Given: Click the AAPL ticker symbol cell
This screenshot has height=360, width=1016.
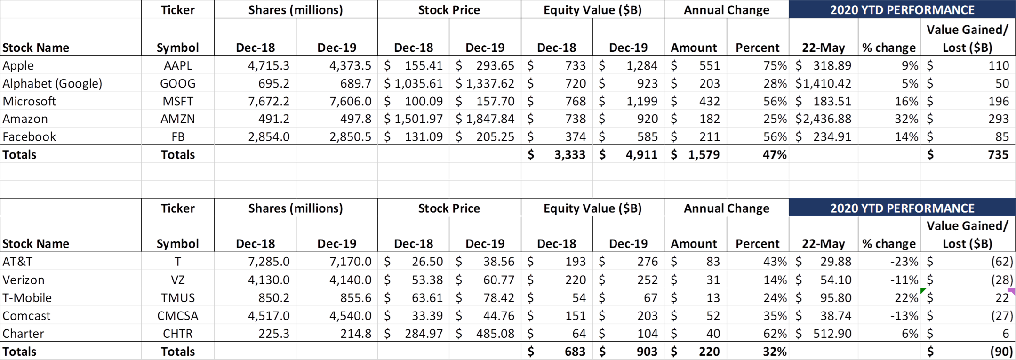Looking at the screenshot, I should pos(177,65).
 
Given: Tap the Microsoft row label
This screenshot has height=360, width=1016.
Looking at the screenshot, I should pos(29,101).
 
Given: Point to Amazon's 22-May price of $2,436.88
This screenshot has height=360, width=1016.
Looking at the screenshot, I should pos(823,119).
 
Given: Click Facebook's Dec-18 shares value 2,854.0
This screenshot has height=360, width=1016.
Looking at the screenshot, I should pos(269,136).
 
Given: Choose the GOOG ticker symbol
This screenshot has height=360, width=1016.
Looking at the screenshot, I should pos(177,83).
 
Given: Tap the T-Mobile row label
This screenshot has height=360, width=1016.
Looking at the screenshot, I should pos(27,297).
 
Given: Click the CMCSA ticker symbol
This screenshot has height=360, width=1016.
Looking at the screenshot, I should pos(177,315).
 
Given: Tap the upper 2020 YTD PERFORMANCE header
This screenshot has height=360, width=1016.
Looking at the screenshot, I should pos(902,10).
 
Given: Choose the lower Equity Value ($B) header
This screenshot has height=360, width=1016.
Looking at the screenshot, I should pos(592,208).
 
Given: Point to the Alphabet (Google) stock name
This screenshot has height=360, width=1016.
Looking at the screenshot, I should pos(52,83).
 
